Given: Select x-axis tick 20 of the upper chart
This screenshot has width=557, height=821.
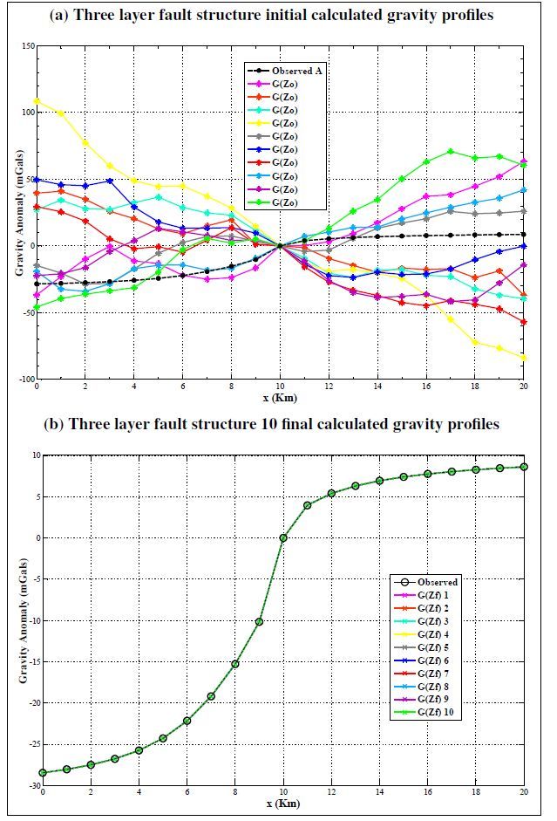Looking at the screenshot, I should tap(524, 387).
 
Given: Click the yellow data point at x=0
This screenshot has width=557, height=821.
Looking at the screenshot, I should tap(37, 101).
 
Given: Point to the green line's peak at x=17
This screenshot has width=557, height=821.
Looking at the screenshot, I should tap(451, 151).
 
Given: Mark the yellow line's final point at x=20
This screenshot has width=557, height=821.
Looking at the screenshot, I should tap(524, 358).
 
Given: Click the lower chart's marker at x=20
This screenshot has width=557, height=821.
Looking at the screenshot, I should tap(524, 467).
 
